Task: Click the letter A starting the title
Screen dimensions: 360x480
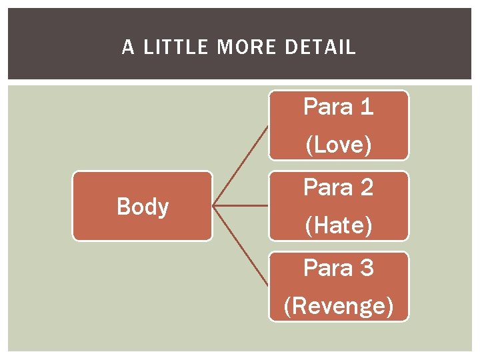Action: click(x=128, y=47)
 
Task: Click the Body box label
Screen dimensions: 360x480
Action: click(x=143, y=207)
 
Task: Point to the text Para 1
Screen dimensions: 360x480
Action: click(x=338, y=107)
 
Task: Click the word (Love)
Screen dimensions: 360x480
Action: click(x=338, y=145)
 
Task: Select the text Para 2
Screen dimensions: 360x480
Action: click(x=338, y=187)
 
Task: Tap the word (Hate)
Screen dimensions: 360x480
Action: click(x=338, y=226)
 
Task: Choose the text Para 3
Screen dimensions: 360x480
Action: click(x=338, y=268)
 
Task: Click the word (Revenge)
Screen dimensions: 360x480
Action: click(x=338, y=306)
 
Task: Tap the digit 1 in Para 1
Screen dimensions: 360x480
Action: click(x=366, y=107)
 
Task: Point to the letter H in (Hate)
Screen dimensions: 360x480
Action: click(x=319, y=226)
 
